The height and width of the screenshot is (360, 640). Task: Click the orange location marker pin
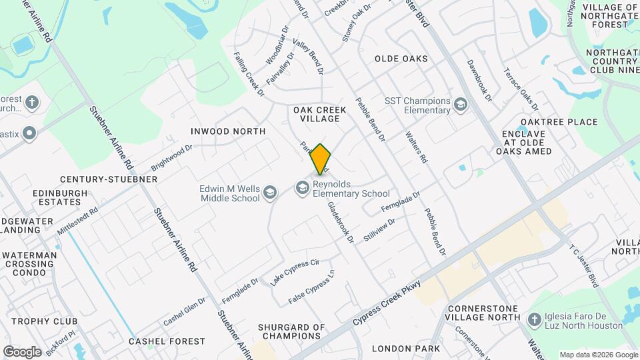point(321,159)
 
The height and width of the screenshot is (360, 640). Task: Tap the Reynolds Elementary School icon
point(303,189)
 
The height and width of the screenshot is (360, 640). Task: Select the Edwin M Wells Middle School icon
point(270,193)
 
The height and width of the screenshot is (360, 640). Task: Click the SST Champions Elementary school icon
point(460,105)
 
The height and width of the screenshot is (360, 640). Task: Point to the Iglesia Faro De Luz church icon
point(533,320)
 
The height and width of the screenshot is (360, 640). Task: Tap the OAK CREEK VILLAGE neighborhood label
point(316,113)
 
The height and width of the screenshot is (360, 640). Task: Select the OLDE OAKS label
point(401,59)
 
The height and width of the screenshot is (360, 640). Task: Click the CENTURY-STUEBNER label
point(109,179)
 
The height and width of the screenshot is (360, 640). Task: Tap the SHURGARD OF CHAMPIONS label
point(292,332)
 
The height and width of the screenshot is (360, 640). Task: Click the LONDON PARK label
point(405,349)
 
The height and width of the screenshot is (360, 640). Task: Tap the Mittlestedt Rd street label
point(77,220)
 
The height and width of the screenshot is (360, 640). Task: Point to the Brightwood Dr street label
point(172,155)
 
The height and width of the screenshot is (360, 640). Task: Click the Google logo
point(22,351)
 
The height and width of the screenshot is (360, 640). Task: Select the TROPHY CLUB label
point(44,321)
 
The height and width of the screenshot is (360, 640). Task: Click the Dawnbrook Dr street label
point(479,81)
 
